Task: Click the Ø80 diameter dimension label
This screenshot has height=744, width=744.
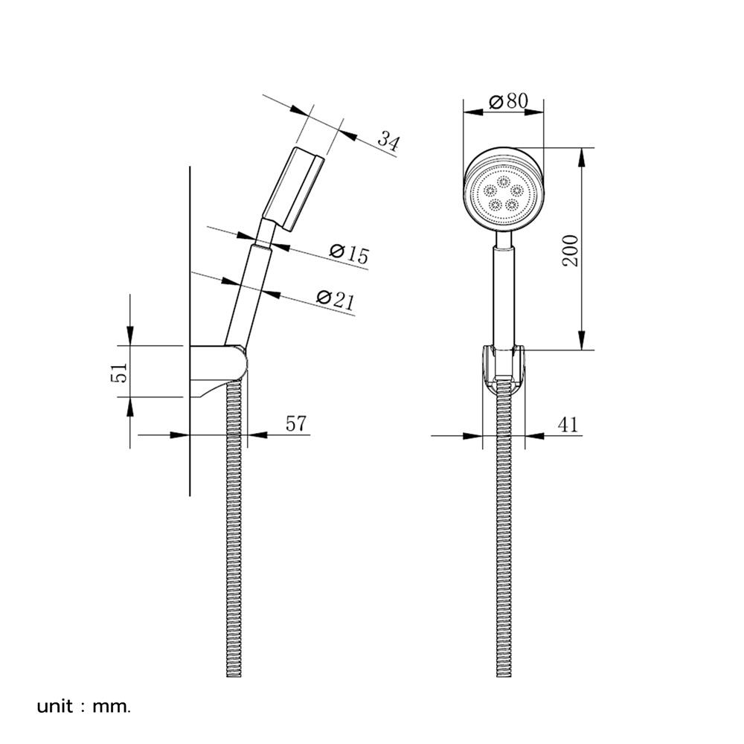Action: (508, 100)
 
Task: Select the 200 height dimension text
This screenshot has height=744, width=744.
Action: (571, 250)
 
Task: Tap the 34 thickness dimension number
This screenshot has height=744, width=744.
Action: (389, 141)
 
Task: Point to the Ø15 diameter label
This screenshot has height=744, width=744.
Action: (349, 254)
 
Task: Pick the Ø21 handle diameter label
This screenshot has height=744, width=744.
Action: (336, 299)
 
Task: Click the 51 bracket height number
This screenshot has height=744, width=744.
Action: (119, 373)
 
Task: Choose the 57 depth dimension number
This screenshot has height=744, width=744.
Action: (296, 424)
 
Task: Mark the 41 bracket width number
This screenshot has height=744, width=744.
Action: (568, 424)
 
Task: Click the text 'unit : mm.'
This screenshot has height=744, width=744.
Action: (83, 707)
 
